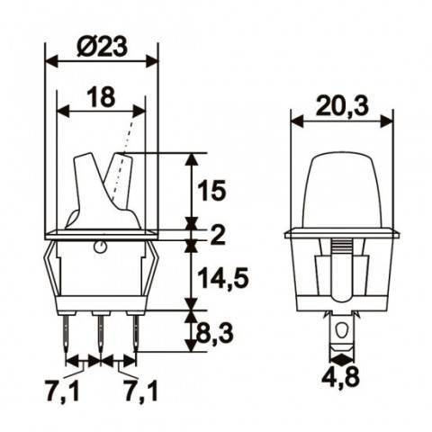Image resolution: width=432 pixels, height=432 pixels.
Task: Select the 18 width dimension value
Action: [102, 97]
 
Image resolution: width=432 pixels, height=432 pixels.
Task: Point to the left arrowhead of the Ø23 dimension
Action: [50, 61]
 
